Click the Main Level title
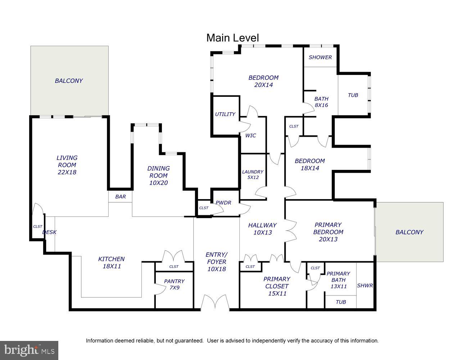coord(232,38)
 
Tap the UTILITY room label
coord(225,114)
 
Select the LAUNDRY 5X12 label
coord(253,175)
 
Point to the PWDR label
coord(224,203)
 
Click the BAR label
coord(121,197)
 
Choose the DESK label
coord(49,232)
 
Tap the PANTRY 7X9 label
coord(174,284)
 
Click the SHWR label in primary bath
coord(365,285)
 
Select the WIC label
coord(250,135)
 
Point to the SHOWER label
coord(320,57)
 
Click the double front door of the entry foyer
coord(215,302)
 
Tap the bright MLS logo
coord(29,350)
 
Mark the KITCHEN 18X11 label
coord(112,262)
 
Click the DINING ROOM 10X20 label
coord(158,176)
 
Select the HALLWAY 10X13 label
coord(263,229)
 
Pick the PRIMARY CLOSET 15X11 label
coord(277,286)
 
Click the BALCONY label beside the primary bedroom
coord(409,232)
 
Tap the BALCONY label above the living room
coord(69,81)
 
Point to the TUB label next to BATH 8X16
coord(353,95)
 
